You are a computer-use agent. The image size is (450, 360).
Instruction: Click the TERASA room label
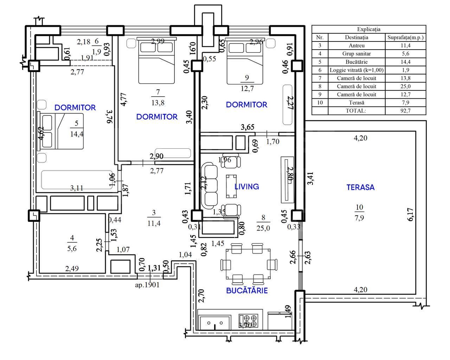coord(360,187)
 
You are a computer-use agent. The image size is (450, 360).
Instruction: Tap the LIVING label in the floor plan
coord(247,187)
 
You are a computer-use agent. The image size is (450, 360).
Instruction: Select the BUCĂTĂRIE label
coord(247,290)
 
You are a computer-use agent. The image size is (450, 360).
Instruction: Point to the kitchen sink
coord(214,322)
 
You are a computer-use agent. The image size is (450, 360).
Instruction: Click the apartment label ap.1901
coord(147,285)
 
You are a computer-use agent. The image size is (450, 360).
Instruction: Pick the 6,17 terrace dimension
coord(410,214)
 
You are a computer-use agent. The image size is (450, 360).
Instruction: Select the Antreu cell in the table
coord(356,45)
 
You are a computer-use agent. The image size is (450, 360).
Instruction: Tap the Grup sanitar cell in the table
coord(356,53)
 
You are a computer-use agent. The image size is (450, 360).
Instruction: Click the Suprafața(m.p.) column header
coord(405,37)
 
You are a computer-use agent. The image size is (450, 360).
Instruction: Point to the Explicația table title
coord(368,29)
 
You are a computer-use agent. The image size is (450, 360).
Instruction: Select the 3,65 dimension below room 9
coord(247,127)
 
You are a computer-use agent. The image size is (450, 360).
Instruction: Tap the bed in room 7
coord(156,62)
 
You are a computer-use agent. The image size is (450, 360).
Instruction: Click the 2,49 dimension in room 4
coord(72,269)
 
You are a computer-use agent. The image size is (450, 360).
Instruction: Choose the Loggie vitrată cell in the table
coord(356,70)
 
